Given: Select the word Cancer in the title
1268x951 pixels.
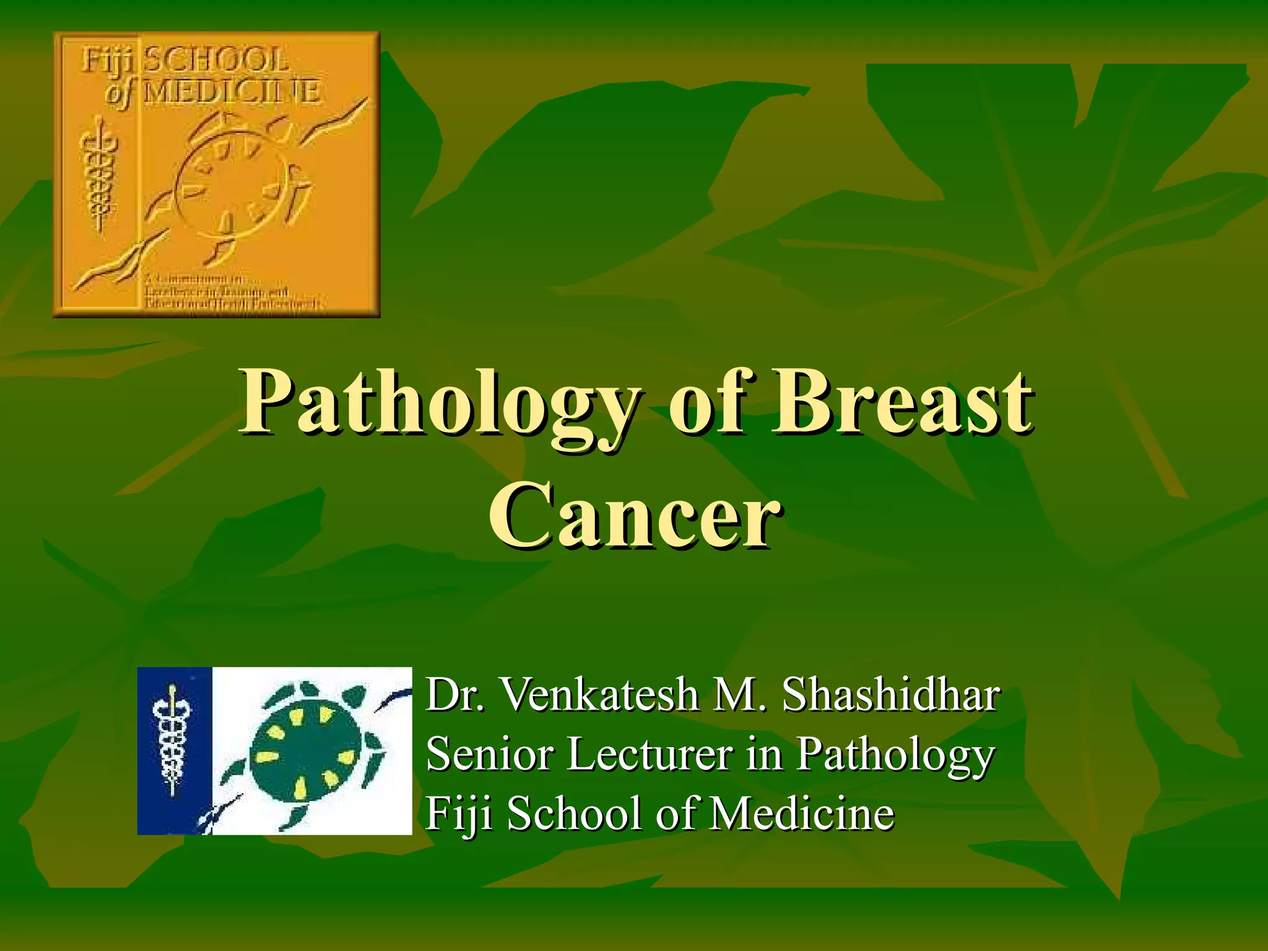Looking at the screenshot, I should [634, 515].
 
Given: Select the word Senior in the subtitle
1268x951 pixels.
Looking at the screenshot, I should [489, 754].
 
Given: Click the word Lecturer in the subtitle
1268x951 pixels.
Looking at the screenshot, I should [650, 754].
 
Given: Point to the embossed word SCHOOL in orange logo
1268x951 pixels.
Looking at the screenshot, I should [216, 61].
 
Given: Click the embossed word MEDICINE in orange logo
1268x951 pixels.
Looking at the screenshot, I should [232, 93].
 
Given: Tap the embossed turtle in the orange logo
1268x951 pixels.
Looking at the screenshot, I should [235, 180].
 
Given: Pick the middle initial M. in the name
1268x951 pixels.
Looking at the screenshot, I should [740, 695].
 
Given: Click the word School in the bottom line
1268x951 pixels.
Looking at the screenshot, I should [573, 814].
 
